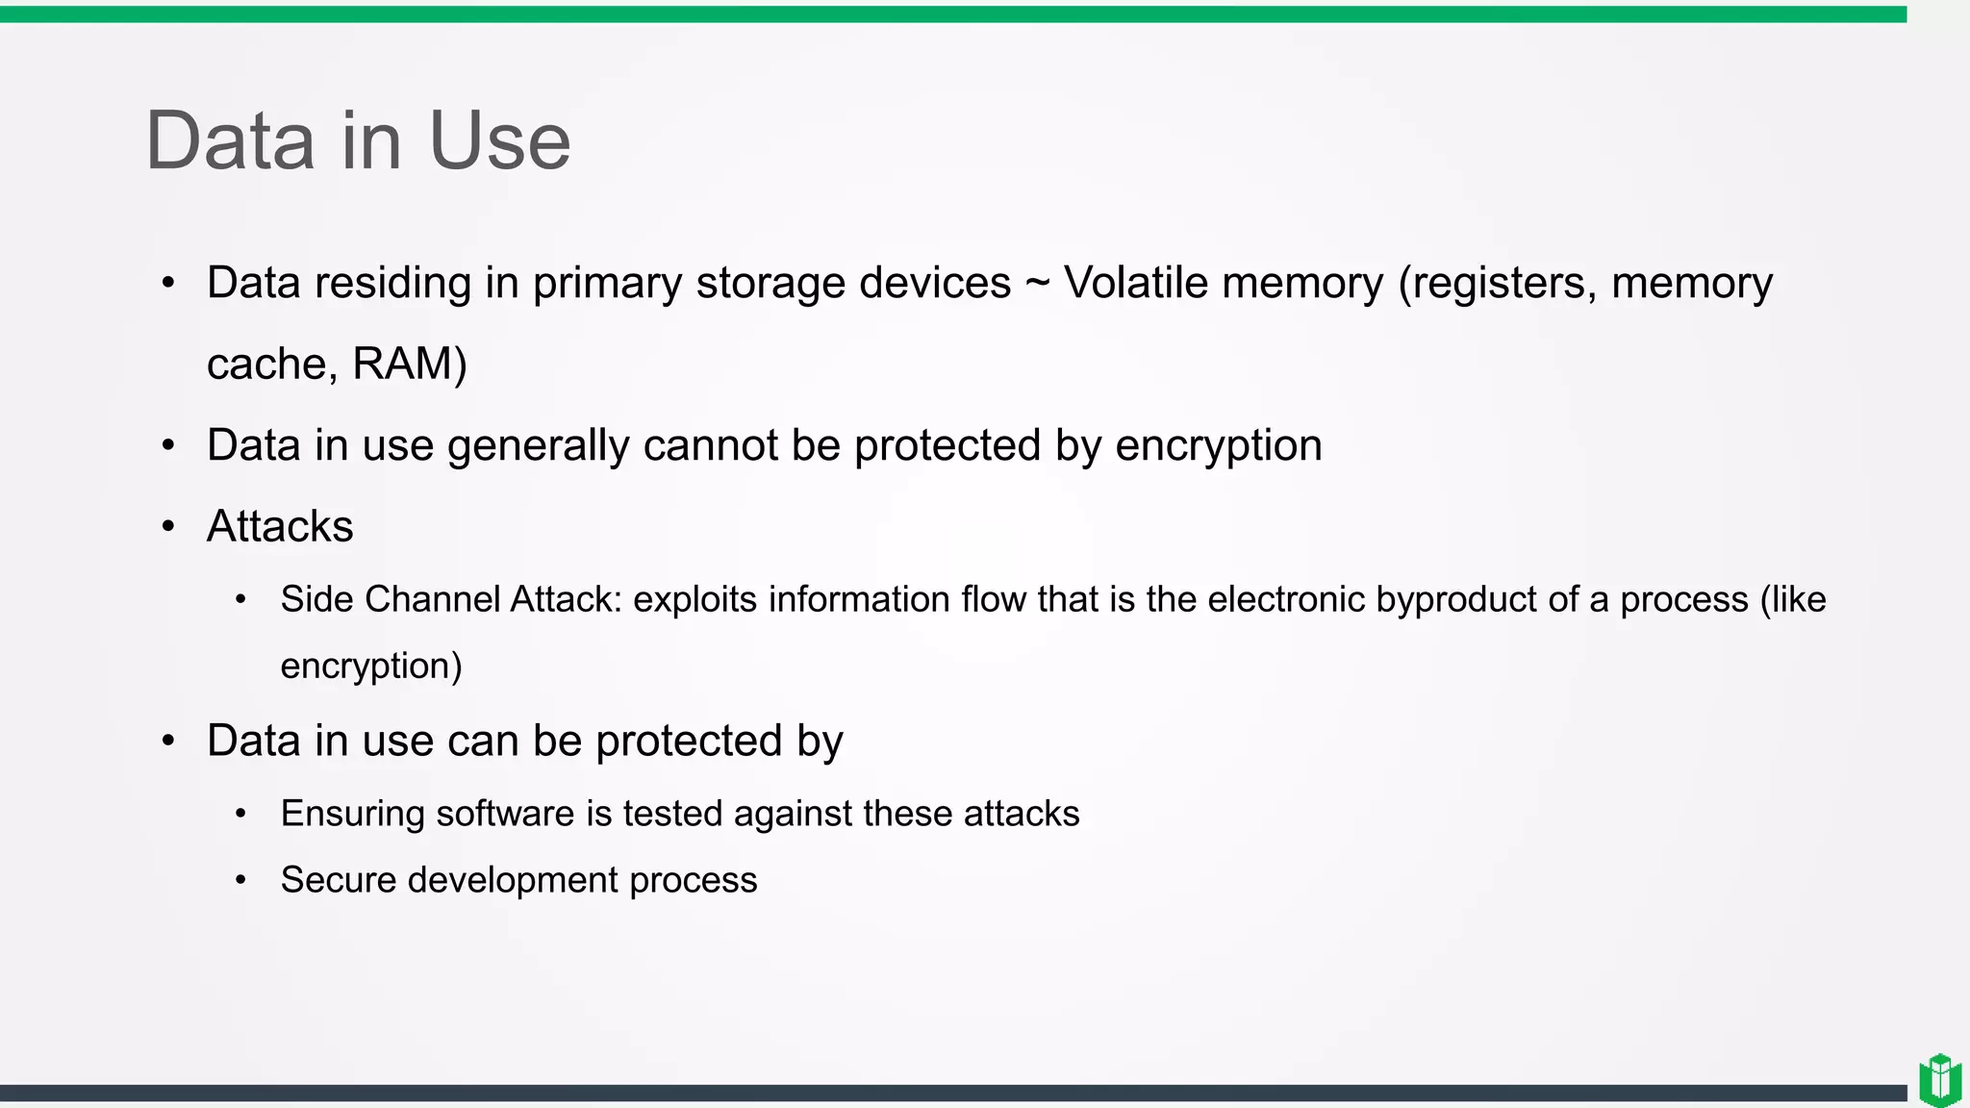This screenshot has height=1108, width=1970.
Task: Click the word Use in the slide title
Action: [x=499, y=140]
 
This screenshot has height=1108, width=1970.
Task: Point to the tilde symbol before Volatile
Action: [x=1037, y=284]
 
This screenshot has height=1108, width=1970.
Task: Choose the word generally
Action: [x=538, y=445]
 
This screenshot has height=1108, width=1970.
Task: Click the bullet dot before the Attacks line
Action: [x=168, y=526]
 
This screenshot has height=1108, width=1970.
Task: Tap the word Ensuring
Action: [x=352, y=814]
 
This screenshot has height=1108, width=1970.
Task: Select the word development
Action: [x=513, y=880]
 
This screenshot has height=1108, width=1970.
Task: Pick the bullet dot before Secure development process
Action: [x=240, y=880]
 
